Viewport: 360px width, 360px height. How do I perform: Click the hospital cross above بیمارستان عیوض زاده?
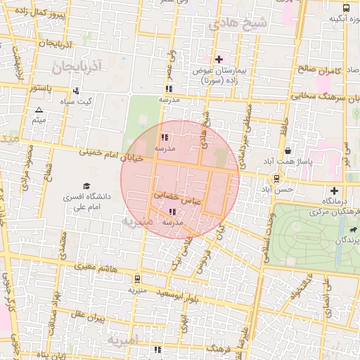point(219,59)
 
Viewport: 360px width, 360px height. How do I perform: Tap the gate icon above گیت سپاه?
point(75,91)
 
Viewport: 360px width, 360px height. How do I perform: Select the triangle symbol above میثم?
point(39,110)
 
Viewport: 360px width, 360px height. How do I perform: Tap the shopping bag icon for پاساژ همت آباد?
point(288,150)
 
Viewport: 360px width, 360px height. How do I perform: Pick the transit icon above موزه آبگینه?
point(346,7)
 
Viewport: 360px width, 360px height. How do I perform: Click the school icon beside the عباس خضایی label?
point(173,212)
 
